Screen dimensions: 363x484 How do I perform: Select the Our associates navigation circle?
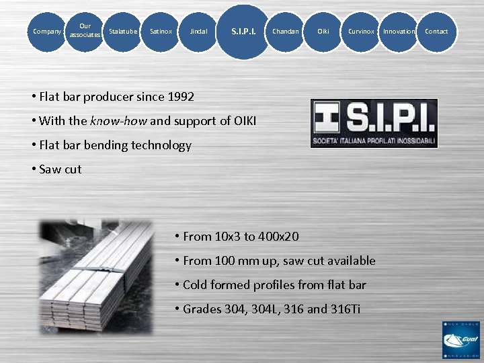click(x=85, y=31)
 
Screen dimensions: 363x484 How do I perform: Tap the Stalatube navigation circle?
click(x=123, y=32)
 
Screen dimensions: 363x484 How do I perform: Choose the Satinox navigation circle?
click(x=161, y=32)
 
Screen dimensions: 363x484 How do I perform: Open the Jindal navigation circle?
click(x=198, y=32)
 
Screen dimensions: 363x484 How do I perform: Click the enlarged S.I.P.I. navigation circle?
click(x=243, y=32)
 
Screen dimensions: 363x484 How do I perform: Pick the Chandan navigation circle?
click(x=286, y=32)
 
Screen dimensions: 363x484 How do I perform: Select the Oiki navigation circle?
click(x=323, y=32)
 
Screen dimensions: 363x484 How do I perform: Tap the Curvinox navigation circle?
click(x=361, y=32)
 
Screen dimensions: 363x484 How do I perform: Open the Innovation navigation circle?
click(x=399, y=32)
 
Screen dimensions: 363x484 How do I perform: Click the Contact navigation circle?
click(x=436, y=32)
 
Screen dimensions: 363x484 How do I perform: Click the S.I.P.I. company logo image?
click(x=374, y=124)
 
